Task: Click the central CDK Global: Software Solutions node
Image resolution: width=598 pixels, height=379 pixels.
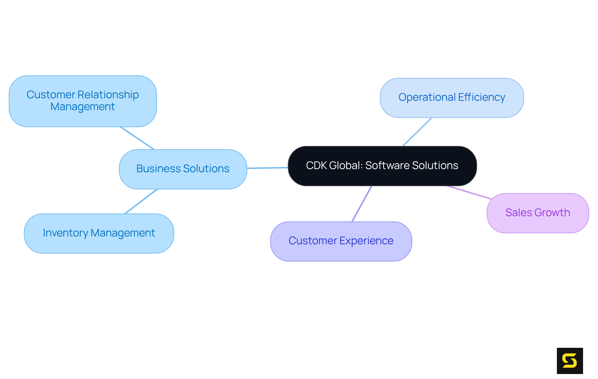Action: (x=382, y=166)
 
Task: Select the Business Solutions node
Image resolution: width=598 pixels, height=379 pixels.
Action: (x=183, y=169)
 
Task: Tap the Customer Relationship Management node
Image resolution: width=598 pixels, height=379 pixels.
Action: (x=83, y=101)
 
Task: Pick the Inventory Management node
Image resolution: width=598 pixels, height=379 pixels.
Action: (x=99, y=233)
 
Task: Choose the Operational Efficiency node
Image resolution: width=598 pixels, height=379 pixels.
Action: (x=452, y=98)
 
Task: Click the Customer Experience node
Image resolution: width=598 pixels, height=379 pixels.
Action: (x=341, y=241)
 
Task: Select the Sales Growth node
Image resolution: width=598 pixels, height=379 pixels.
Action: (x=538, y=213)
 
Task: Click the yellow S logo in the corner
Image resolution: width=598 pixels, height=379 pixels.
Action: (x=570, y=361)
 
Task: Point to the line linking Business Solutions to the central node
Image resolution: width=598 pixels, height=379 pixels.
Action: (x=267, y=168)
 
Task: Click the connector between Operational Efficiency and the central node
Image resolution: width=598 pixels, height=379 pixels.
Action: (x=417, y=132)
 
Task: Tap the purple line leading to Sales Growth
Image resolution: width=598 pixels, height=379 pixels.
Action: (x=469, y=192)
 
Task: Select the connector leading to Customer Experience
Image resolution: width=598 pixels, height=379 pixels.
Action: (x=362, y=204)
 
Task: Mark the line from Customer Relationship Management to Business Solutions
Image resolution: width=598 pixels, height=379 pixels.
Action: (x=137, y=138)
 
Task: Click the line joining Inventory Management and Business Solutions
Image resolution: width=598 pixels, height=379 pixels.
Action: (x=141, y=202)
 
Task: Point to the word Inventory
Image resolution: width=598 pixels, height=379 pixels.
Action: (x=65, y=233)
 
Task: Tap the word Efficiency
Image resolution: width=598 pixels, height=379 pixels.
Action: (x=482, y=97)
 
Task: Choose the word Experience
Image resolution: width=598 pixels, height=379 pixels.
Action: (x=366, y=241)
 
